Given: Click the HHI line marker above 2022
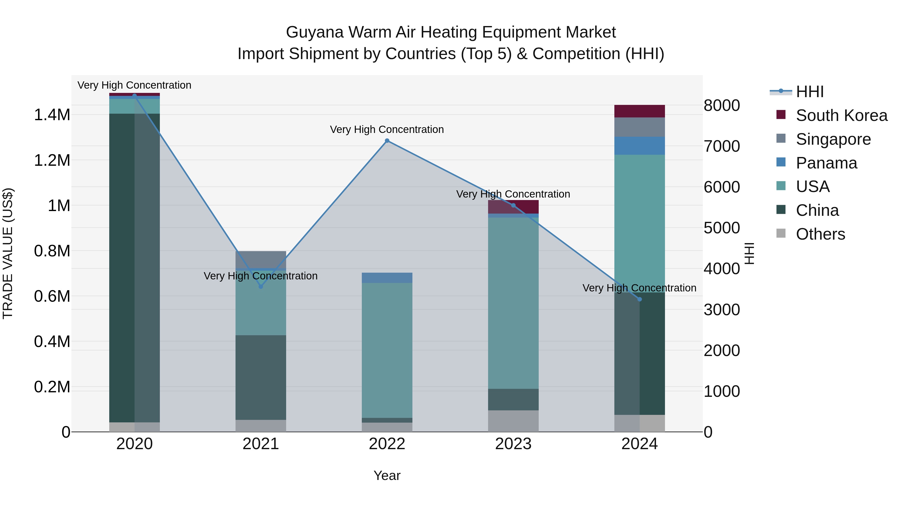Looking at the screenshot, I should [x=387, y=141].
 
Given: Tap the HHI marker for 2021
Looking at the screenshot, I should [x=261, y=287].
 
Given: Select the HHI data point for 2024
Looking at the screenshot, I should [x=639, y=299].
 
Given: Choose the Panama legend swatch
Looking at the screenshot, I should [x=781, y=162].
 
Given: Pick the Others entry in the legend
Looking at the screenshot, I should [x=820, y=234].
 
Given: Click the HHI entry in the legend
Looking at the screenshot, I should [x=810, y=92].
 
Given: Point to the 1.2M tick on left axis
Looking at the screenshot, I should [x=52, y=160].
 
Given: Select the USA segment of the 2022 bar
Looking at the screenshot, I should [x=387, y=350].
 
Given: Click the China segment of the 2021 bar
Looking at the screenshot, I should [x=261, y=377].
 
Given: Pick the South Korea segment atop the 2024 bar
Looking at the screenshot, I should [x=639, y=111].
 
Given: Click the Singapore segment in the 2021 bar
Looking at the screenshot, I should [x=261, y=259].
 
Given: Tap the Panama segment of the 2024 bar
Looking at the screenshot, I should [x=639, y=145].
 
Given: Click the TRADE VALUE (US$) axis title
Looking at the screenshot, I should [x=8, y=253].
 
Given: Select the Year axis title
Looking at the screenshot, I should [x=387, y=475].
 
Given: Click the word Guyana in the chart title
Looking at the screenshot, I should [x=315, y=32].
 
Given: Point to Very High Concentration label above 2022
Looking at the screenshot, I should [x=387, y=129].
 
